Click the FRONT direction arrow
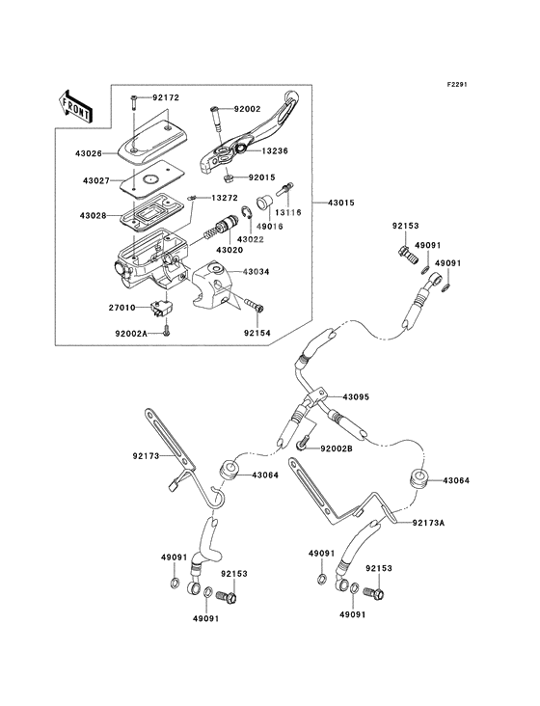[x=75, y=106]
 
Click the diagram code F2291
[x=457, y=84]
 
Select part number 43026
[x=89, y=153]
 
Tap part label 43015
[x=340, y=203]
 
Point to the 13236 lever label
[x=274, y=150]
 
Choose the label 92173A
[x=429, y=523]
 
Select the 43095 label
[x=356, y=397]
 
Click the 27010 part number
[x=121, y=308]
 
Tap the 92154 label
[x=256, y=333]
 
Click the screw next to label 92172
[x=134, y=102]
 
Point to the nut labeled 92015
[x=229, y=178]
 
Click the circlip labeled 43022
[x=245, y=213]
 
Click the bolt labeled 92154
[x=255, y=305]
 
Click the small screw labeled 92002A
[x=167, y=331]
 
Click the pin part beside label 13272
[x=192, y=198]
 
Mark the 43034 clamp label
[x=256, y=272]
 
